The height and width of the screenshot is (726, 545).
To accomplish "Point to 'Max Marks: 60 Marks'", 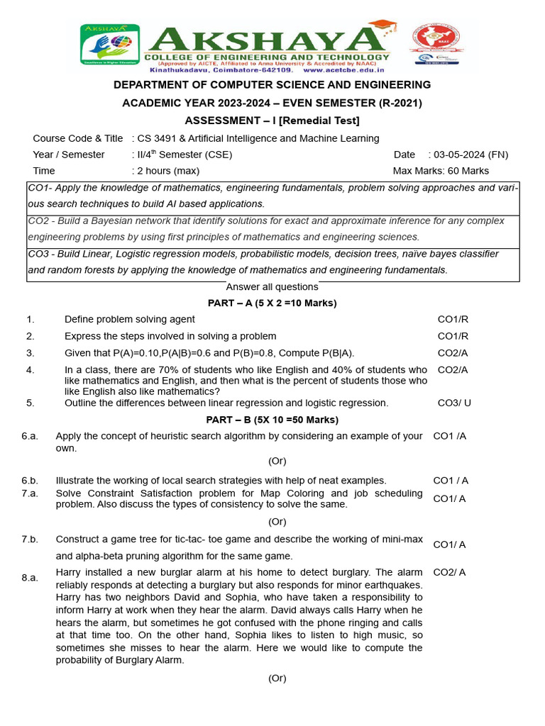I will point(441,171).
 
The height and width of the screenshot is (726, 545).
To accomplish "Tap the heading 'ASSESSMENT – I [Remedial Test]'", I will point(272,121).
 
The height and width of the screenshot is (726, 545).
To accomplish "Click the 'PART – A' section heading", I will point(272,303).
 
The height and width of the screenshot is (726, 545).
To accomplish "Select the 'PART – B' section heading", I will point(272,420).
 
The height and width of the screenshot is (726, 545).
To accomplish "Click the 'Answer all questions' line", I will point(272,286).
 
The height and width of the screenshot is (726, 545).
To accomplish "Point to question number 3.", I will point(30,353).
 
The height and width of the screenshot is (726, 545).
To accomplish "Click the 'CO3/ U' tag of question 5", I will point(454,403).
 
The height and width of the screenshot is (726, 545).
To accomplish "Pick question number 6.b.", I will point(30,481).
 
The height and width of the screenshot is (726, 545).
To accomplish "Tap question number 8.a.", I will point(30,578).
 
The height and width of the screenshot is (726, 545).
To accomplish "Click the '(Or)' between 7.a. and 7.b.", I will point(277,522).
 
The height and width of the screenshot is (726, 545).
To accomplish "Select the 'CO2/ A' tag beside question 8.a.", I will point(449,572).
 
